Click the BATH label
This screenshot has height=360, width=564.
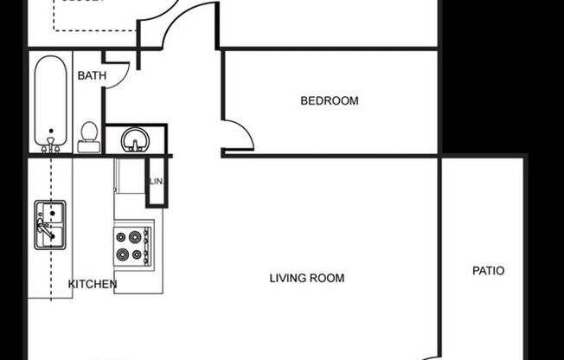pyautogui.click(x=92, y=76)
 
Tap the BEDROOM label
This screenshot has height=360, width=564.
pyautogui.click(x=329, y=101)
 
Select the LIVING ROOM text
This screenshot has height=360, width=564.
pyautogui.click(x=306, y=279)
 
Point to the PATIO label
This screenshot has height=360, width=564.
pyautogui.click(x=488, y=271)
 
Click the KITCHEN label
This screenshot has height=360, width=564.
pyautogui.click(x=93, y=284)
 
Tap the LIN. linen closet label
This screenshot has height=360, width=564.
pyautogui.click(x=157, y=183)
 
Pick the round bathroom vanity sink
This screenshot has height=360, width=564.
pyautogui.click(x=135, y=139)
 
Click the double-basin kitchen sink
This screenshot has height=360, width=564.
pyautogui.click(x=49, y=224)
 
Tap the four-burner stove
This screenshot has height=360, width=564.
pyautogui.click(x=133, y=245)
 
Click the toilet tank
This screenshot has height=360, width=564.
pyautogui.click(x=88, y=147)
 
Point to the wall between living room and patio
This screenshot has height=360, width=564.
pyautogui.click(x=441, y=260)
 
